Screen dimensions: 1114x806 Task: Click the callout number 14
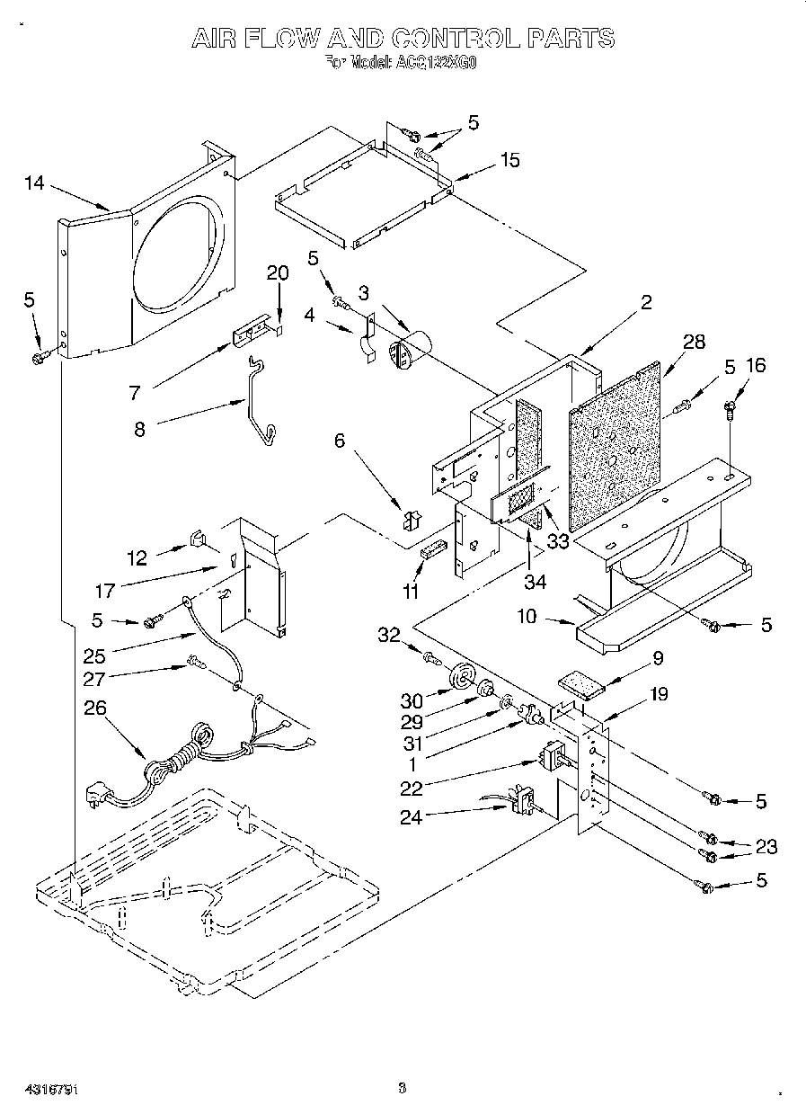34,183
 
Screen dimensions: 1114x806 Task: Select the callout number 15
509,160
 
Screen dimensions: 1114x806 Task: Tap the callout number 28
695,342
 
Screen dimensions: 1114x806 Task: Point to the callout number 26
95,709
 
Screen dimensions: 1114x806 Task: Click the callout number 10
527,616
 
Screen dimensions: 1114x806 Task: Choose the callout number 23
766,846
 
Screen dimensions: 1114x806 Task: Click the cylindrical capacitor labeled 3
409,348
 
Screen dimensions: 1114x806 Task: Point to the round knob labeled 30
464,673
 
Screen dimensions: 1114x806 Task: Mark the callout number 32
388,635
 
